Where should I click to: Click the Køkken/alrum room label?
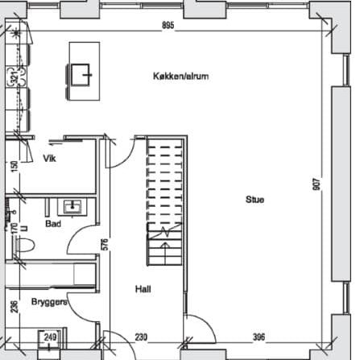pyautogui.click(x=181, y=76)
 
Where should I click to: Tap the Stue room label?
pyautogui.click(x=255, y=199)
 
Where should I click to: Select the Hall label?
pyautogui.click(x=144, y=289)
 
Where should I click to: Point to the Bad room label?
pyautogui.click(x=53, y=224)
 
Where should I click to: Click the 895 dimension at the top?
pyautogui.click(x=168, y=26)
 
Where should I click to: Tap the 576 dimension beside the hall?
pyautogui.click(x=105, y=246)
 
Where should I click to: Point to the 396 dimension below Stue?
pyautogui.click(x=259, y=337)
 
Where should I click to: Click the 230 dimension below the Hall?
pyautogui.click(x=141, y=337)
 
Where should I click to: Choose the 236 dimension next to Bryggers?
pyautogui.click(x=14, y=306)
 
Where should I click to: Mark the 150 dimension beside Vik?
pyautogui.click(x=14, y=166)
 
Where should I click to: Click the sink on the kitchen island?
pyautogui.click(x=82, y=74)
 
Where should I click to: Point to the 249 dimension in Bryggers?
pyautogui.click(x=50, y=337)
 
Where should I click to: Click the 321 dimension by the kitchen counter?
pyautogui.click(x=14, y=78)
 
